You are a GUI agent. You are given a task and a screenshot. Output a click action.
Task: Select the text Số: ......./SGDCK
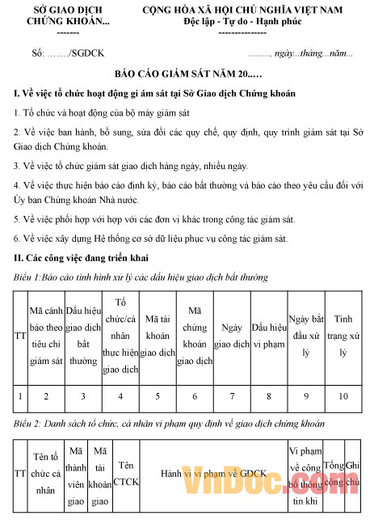(x=67, y=53)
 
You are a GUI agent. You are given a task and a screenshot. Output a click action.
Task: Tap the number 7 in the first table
(x=232, y=396)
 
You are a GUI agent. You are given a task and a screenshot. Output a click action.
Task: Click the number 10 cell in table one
(x=343, y=396)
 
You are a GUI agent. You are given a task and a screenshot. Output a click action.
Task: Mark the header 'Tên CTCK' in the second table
(x=125, y=474)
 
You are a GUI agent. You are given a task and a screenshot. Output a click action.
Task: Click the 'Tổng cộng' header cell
(x=334, y=474)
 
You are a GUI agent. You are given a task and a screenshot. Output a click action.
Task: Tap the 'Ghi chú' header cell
(x=353, y=474)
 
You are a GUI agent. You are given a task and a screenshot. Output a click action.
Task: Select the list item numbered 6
(x=150, y=239)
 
